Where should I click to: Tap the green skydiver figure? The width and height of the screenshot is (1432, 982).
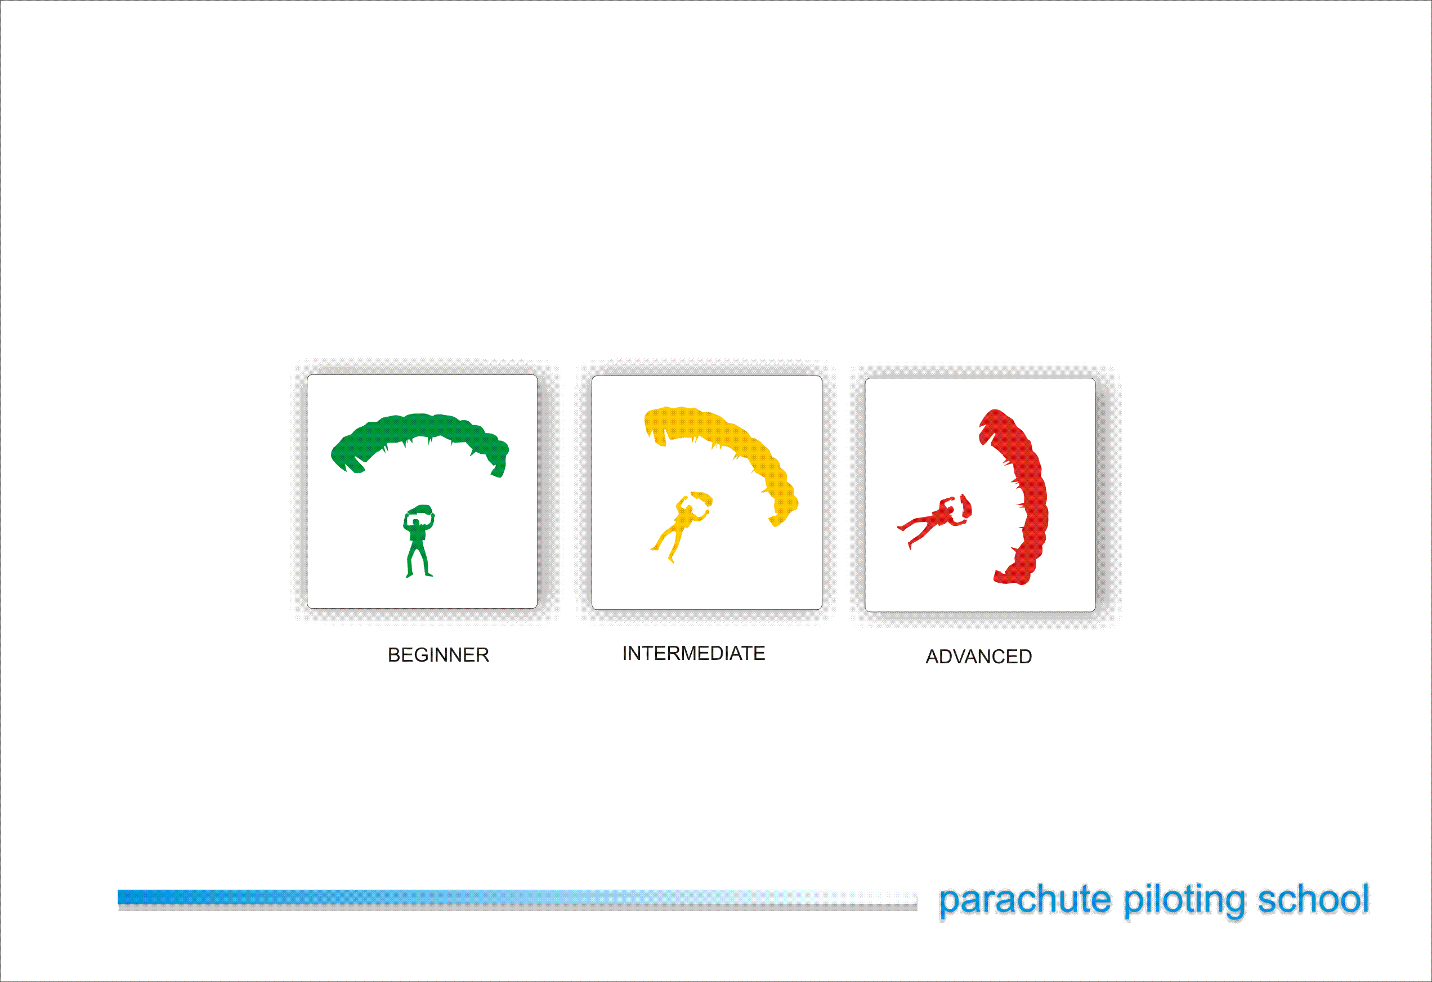[419, 541]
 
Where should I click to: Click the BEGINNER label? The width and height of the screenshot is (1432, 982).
[438, 655]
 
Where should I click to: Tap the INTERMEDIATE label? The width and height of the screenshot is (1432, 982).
[694, 653]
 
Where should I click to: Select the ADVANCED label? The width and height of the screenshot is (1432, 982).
[978, 657]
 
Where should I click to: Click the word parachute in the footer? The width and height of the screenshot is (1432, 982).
[1024, 899]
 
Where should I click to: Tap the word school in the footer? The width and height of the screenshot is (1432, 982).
[1313, 898]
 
